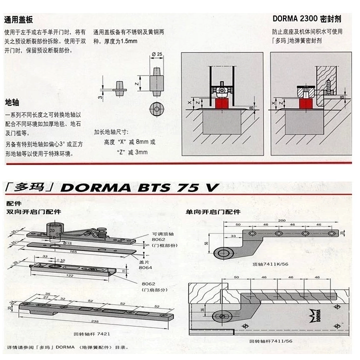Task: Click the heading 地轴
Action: pyautogui.click(x=11, y=102)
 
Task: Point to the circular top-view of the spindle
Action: pyautogui.click(x=157, y=109)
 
